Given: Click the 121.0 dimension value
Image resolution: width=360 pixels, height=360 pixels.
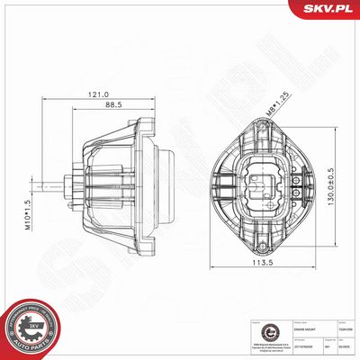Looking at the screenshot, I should (x=99, y=94).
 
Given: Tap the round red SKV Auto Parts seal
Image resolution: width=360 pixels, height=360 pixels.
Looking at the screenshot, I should (x=30, y=328).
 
